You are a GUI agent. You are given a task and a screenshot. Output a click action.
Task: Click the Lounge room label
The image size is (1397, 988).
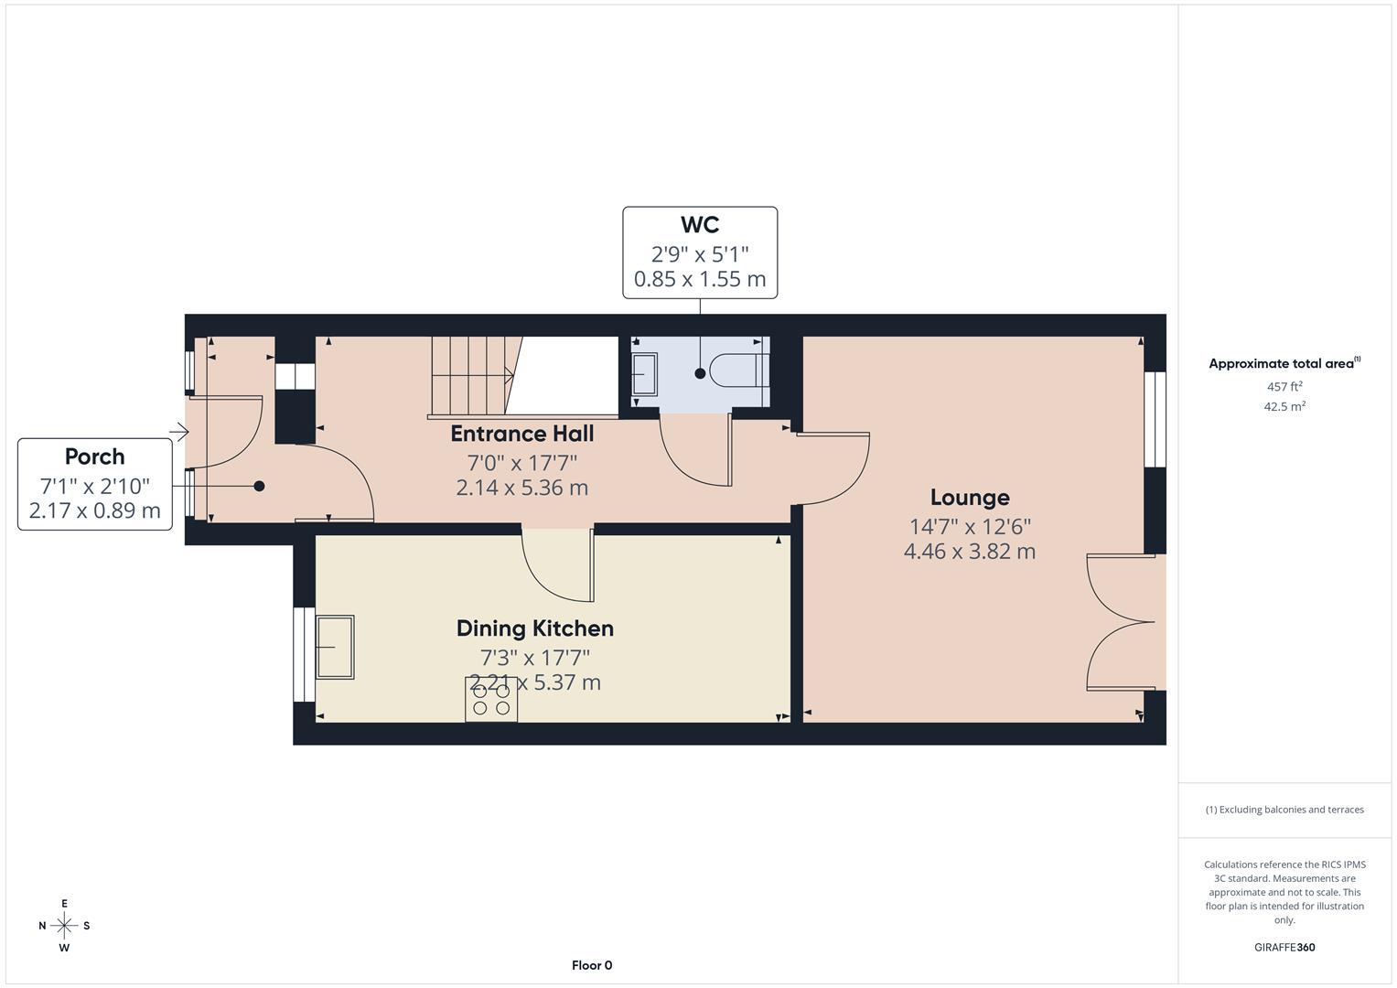(969, 498)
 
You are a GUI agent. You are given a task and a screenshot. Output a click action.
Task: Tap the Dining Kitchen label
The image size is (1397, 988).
(534, 628)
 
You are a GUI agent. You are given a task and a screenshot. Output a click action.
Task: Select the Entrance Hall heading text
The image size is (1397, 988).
(521, 434)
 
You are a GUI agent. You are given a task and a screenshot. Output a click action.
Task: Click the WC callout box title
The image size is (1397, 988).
(700, 225)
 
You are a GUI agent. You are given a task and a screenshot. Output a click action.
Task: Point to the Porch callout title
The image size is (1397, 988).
(94, 456)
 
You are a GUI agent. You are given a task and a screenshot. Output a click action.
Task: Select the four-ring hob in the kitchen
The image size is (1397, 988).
(491, 700)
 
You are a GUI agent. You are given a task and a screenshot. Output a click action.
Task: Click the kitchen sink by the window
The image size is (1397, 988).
(335, 647)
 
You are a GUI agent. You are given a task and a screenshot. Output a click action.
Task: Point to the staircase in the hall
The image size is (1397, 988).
(471, 375)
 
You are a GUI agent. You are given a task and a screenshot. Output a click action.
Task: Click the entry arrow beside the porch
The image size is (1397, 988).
(178, 431)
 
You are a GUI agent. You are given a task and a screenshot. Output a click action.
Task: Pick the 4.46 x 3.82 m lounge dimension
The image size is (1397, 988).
(969, 552)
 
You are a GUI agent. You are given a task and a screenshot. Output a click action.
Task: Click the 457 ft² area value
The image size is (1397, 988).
(1284, 387)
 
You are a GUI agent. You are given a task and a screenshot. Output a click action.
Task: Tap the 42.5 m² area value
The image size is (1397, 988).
(1284, 407)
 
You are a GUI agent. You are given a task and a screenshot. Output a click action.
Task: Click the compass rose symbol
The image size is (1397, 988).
(64, 926)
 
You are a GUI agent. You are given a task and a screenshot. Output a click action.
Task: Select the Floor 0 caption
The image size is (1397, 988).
(592, 965)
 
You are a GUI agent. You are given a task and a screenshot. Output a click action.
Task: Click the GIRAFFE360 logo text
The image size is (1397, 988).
(1284, 948)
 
